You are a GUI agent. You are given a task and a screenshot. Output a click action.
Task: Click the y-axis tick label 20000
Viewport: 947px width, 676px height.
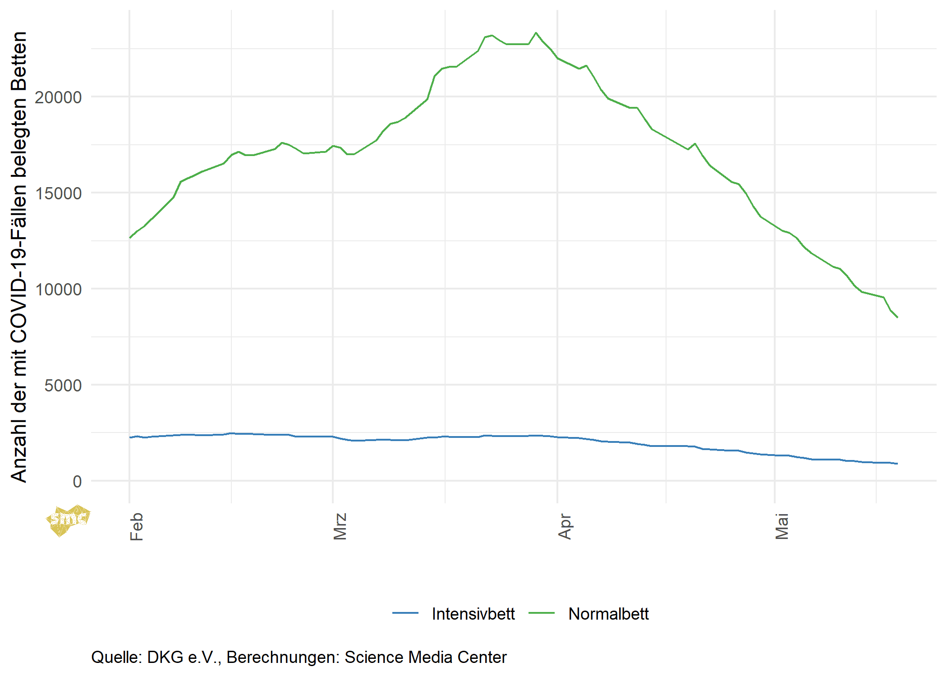pos(58,97)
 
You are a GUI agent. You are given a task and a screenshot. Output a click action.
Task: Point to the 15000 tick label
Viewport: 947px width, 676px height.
pos(58,193)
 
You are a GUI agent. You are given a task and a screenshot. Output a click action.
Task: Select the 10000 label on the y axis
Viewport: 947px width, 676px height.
pos(58,290)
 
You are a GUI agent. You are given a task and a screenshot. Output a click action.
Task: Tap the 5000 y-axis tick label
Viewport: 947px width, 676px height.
pos(63,386)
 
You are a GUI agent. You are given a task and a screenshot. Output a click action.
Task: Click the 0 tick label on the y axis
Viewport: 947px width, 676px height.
pos(77,482)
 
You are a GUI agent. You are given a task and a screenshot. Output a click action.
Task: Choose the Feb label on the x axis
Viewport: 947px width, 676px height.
pos(136,526)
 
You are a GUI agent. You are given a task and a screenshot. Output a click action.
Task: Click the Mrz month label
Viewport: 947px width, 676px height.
pos(340,526)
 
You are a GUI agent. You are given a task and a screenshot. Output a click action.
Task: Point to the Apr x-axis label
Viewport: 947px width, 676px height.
pos(565,526)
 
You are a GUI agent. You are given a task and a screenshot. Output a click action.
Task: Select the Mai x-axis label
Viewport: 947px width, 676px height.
pos(782,526)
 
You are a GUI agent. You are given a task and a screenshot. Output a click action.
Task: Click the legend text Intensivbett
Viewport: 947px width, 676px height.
pos(473,614)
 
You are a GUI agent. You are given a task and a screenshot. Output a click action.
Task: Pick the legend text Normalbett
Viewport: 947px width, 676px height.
pos(608,614)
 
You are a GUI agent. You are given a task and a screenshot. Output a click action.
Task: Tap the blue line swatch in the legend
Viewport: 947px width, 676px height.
pos(405,613)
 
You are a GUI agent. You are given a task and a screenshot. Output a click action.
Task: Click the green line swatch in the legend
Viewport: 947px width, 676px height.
pos(541,613)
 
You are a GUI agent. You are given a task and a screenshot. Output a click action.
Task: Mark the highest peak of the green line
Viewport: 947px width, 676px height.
pos(536,33)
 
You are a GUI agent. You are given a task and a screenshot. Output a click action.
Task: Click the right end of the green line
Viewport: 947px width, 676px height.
pos(897,317)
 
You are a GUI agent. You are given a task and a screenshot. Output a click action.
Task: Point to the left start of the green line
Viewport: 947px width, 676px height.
pos(130,238)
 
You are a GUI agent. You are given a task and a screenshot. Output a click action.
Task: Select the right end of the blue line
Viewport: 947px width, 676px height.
pos(897,464)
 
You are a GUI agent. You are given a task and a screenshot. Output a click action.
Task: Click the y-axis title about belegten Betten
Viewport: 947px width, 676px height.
pos(19,257)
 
